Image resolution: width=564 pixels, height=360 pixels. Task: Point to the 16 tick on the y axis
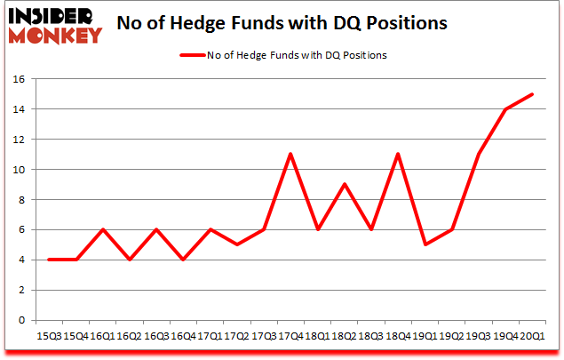pyautogui.click(x=19, y=79)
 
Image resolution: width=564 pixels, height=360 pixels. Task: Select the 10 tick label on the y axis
pyautogui.click(x=19, y=170)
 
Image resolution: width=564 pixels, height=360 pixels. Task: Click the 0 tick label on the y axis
pyautogui.click(x=22, y=320)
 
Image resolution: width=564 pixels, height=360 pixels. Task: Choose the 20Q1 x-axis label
pyautogui.click(x=531, y=337)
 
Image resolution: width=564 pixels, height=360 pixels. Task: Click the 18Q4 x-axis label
pyautogui.click(x=397, y=337)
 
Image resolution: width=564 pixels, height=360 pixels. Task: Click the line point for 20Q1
pyautogui.click(x=531, y=94)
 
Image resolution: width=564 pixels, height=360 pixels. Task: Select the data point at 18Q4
pyautogui.click(x=397, y=155)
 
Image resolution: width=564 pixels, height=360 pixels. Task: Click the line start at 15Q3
pyautogui.click(x=50, y=260)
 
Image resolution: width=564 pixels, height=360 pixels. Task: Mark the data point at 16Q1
pyautogui.click(x=103, y=229)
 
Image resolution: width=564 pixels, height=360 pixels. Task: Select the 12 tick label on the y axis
pyautogui.click(x=19, y=140)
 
